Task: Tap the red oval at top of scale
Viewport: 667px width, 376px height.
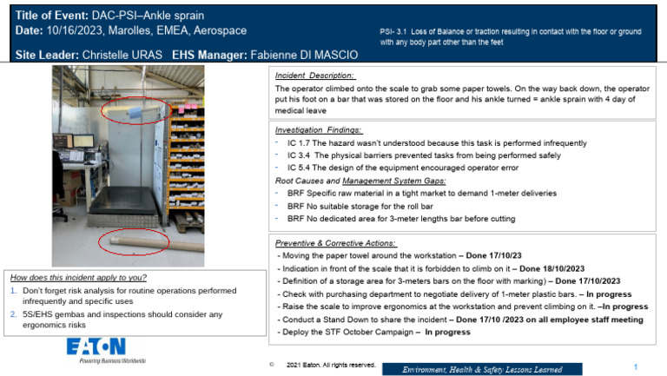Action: (135, 110)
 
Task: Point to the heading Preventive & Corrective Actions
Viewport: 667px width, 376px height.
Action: (334, 243)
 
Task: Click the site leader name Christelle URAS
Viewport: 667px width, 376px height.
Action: (116, 55)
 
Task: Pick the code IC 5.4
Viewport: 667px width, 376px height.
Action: (300, 167)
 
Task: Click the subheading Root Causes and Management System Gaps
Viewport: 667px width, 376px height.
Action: (361, 180)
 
